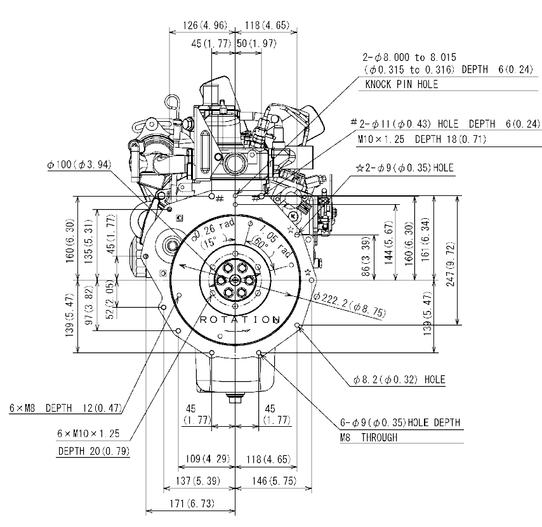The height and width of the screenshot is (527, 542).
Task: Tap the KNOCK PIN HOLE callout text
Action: pyautogui.click(x=401, y=84)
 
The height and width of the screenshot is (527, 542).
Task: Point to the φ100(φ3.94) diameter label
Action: pyautogui.click(x=79, y=165)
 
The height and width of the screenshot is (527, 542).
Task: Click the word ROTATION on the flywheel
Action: pyautogui.click(x=239, y=320)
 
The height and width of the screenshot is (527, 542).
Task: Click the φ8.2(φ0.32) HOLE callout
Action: pyautogui.click(x=399, y=381)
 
